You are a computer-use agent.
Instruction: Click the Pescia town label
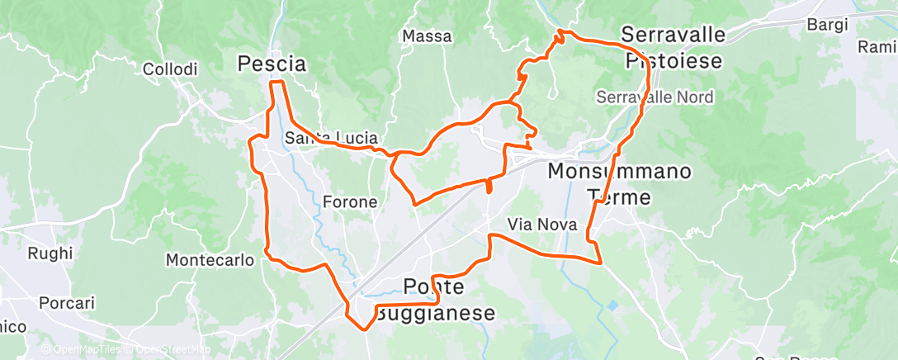coord(272,64)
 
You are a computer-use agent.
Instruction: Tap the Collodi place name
coord(170,70)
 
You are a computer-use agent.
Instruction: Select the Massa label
coord(427,36)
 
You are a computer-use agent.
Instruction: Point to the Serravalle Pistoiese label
coord(673,48)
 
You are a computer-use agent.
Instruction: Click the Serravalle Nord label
coord(655,97)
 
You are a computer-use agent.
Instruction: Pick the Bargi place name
coord(828,25)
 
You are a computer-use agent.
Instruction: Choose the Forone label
coord(350,201)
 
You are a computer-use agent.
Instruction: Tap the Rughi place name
coord(50,253)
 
